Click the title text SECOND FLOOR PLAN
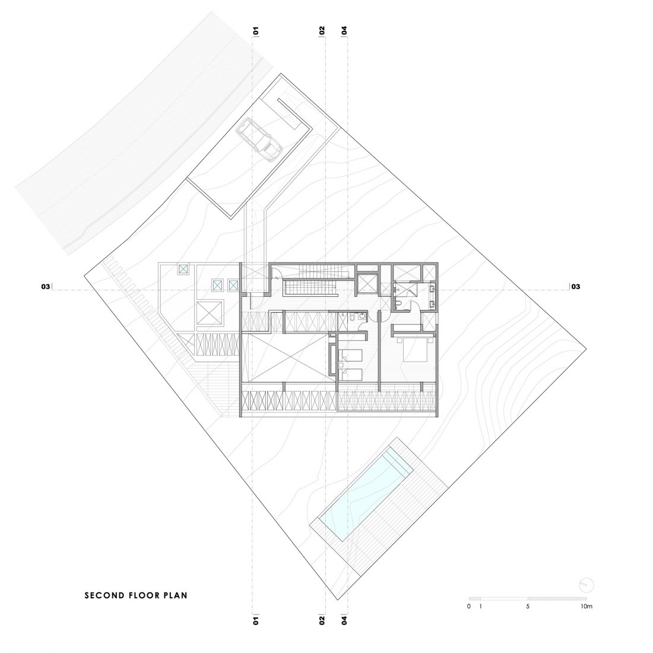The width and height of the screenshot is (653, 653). [136, 594]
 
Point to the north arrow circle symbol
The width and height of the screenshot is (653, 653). [585, 584]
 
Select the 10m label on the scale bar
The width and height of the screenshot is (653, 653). [587, 607]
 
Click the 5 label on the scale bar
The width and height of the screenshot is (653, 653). [528, 607]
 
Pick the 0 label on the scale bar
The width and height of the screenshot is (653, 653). [469, 607]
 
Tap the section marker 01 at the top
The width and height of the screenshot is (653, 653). [256, 30]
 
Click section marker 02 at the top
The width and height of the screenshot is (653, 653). [322, 30]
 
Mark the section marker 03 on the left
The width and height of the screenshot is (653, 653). [45, 287]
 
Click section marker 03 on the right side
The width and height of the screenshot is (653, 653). [575, 287]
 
